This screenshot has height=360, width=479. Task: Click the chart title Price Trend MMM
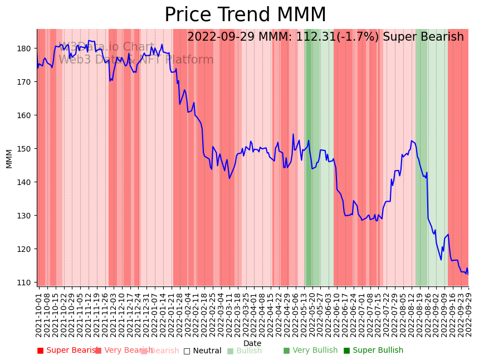pyautogui.click(x=245, y=15)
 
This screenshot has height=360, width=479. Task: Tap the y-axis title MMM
pyautogui.click(x=9, y=158)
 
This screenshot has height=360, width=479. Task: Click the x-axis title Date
pyautogui.click(x=252, y=343)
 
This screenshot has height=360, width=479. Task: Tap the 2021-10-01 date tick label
pyautogui.click(x=38, y=313)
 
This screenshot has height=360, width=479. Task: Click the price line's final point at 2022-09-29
pyautogui.click(x=468, y=274)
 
